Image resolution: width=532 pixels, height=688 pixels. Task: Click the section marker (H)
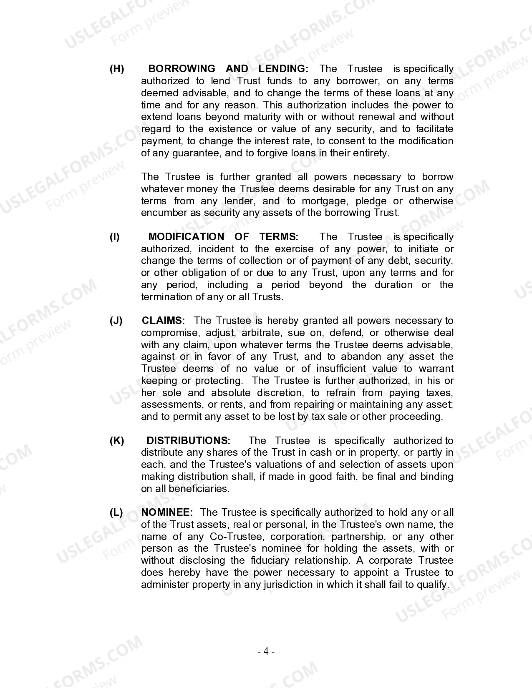point(117,69)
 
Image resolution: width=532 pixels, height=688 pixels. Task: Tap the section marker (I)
point(114,237)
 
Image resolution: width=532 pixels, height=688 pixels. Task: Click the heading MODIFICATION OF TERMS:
point(223,237)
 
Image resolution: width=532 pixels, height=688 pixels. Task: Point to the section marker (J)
point(116,321)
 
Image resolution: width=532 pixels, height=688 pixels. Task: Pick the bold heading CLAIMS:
point(163,321)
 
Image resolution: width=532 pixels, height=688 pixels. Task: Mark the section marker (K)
point(117,441)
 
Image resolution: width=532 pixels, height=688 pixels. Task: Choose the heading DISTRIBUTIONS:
point(188,441)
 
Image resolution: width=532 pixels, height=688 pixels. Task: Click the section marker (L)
point(116,512)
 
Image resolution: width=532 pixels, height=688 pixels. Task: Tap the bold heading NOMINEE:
point(167,512)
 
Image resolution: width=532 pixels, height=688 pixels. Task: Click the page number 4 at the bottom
point(266,651)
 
